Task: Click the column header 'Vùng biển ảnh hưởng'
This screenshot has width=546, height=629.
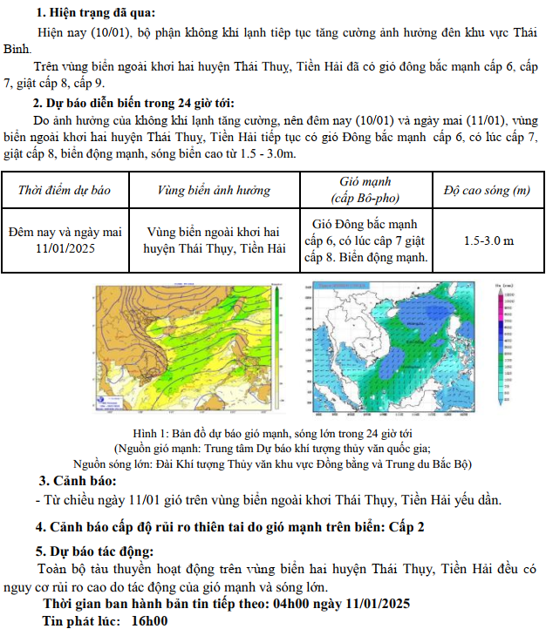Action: pyautogui.click(x=214, y=190)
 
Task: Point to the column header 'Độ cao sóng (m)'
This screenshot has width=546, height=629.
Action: pyautogui.click(x=488, y=190)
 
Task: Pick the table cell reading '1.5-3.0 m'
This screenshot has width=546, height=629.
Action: pyautogui.click(x=488, y=240)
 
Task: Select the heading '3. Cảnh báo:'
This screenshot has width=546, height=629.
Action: pyautogui.click(x=78, y=482)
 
